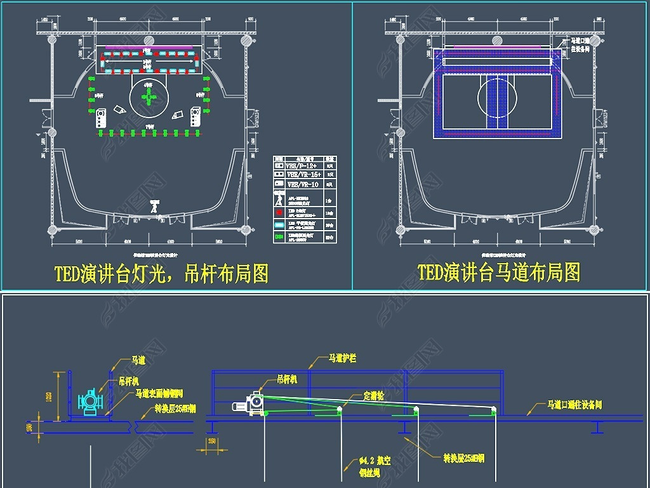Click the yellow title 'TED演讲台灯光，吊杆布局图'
[x=161, y=273]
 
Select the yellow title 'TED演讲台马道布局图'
[x=499, y=272]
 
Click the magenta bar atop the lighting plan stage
[x=149, y=46]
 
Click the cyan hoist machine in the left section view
[x=90, y=402]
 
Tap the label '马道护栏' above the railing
[x=342, y=358]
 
